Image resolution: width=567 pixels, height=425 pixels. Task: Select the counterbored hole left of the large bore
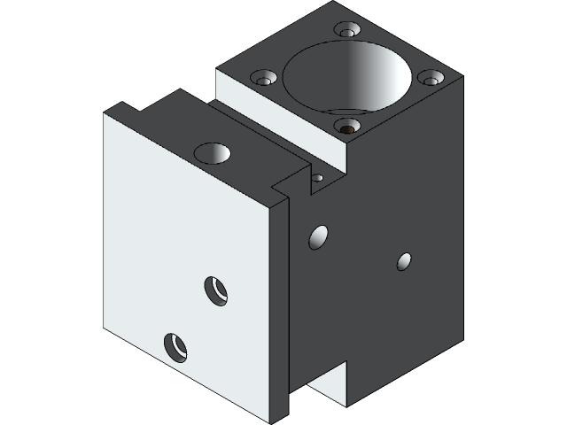[263, 78]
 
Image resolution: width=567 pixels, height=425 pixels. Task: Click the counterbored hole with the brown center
[347, 127]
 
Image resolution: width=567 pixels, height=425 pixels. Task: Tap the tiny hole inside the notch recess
[317, 178]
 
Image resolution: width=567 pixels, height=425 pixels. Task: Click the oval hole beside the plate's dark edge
[317, 237]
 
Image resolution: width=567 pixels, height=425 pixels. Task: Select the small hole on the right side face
[404, 261]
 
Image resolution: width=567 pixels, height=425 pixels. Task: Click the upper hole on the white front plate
[216, 290]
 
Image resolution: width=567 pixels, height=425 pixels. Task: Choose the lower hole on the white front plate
[175, 346]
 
